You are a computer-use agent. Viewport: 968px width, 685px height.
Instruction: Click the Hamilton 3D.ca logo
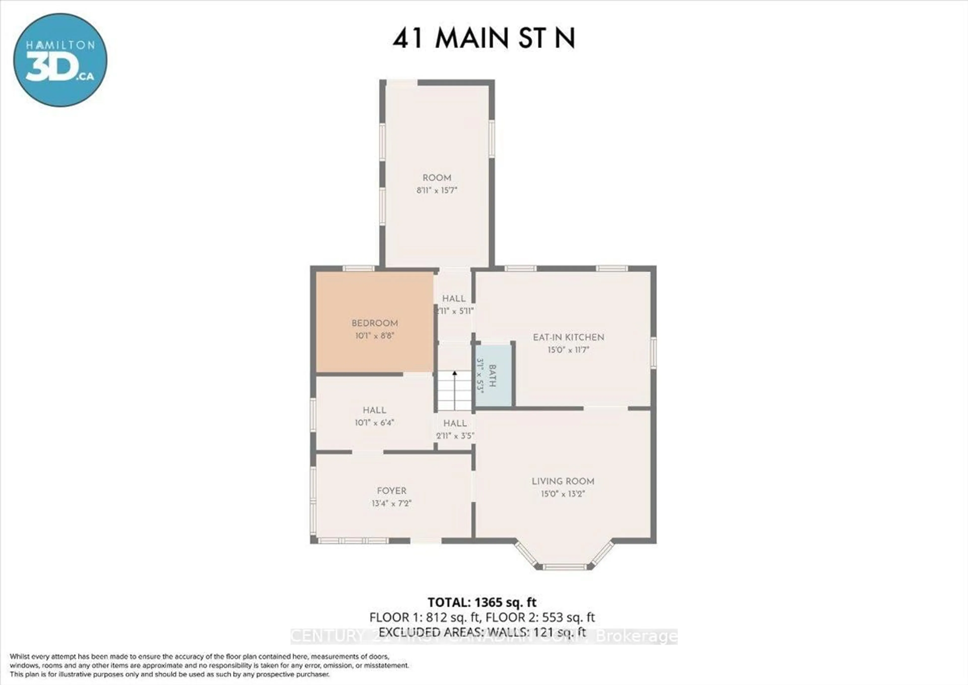60,60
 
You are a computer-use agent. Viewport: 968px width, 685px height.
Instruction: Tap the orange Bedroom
375,323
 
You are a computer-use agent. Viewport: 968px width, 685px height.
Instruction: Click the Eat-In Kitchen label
568,337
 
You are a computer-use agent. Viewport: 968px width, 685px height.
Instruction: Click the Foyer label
391,491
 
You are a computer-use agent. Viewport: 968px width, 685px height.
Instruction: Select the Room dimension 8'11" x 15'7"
437,190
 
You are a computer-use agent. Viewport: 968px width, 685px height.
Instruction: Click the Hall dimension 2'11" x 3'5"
455,436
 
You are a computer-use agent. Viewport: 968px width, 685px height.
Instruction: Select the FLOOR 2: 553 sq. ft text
540,617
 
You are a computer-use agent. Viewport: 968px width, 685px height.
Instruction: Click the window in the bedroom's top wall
358,268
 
